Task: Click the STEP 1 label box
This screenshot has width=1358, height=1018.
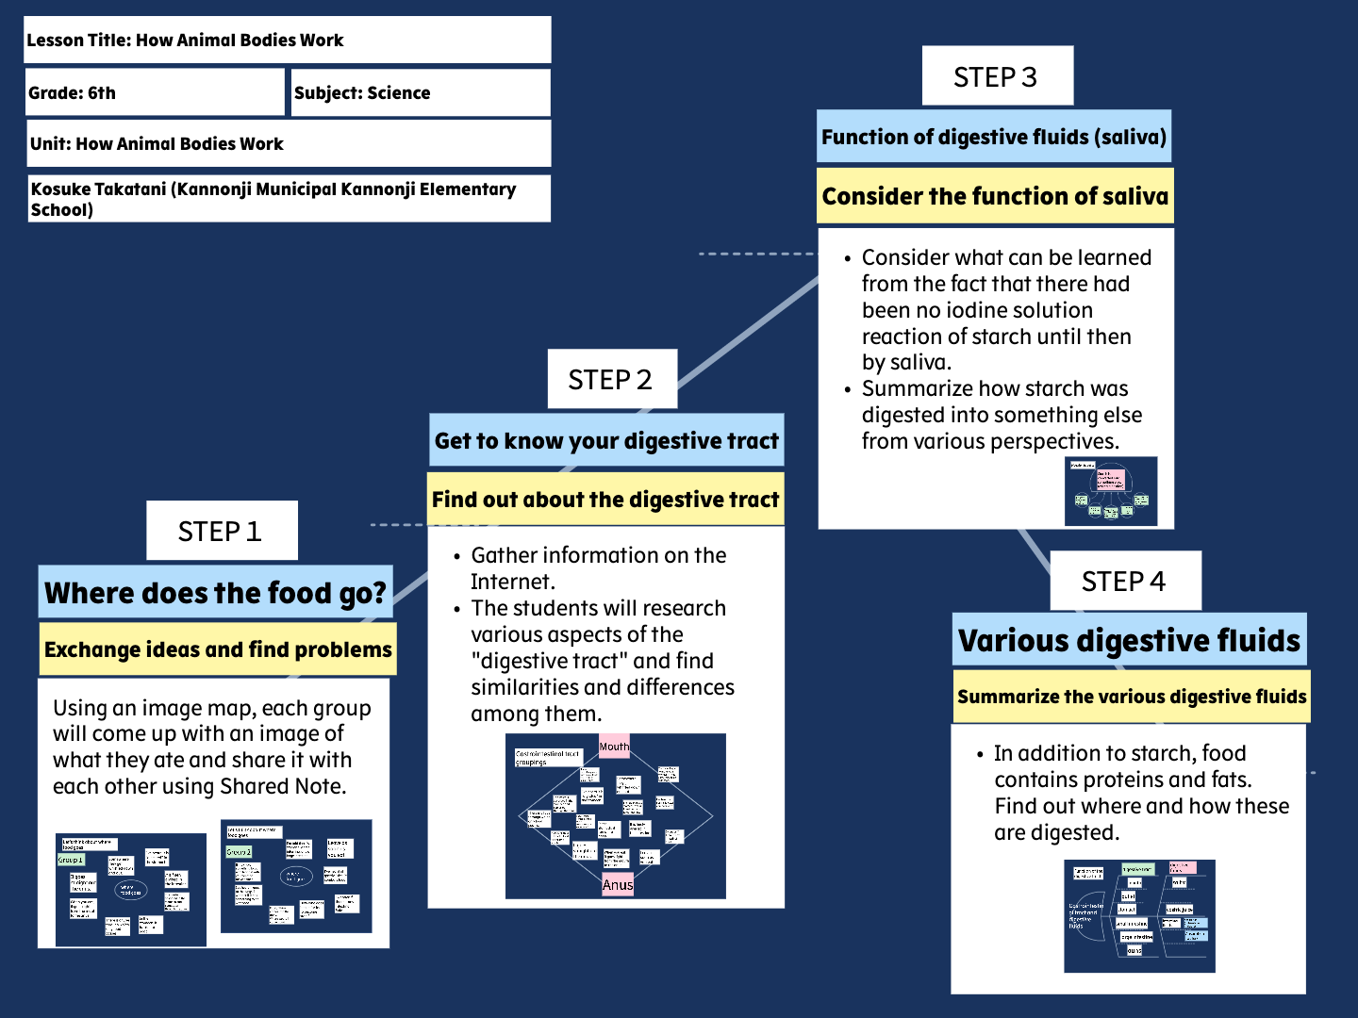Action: [x=222, y=531]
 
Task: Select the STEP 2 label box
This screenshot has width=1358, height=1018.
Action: [x=611, y=379]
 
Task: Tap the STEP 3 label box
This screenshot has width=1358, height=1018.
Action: [x=997, y=76]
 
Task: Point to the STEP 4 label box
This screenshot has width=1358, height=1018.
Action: [x=1125, y=581]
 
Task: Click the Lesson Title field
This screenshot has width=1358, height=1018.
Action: [x=287, y=41]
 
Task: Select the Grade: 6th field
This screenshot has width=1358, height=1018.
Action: [x=155, y=92]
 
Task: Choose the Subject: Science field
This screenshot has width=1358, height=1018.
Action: [x=421, y=92]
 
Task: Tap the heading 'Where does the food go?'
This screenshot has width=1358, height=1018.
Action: [x=215, y=593]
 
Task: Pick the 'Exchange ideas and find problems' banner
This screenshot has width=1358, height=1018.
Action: [x=218, y=649]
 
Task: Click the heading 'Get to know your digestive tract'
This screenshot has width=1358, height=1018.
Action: [x=606, y=440]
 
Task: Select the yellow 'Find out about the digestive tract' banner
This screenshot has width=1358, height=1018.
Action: [x=605, y=500]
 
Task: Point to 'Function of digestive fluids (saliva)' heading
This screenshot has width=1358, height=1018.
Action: [x=994, y=138]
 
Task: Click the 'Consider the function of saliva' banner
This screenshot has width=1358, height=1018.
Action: [x=995, y=196]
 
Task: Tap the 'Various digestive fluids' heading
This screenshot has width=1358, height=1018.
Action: [x=1129, y=641]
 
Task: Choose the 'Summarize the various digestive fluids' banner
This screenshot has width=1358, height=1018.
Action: [x=1132, y=697]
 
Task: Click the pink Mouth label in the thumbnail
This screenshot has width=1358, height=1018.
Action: [x=614, y=746]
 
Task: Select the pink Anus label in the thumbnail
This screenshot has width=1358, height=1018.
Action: [x=618, y=884]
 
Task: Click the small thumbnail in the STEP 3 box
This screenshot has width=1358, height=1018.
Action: [x=1111, y=491]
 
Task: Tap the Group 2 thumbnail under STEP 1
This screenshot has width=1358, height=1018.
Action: [x=296, y=876]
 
